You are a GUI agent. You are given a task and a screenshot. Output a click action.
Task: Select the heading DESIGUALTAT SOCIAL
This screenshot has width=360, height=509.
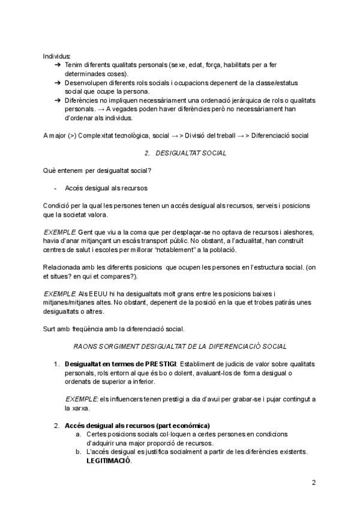coord(190,154)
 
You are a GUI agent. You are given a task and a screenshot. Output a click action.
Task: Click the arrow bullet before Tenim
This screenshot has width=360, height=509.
coord(57,64)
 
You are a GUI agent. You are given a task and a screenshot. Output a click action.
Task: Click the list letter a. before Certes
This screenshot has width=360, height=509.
coord(78,434)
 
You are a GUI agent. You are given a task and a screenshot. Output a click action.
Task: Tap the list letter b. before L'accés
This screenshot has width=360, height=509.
coord(78,452)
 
